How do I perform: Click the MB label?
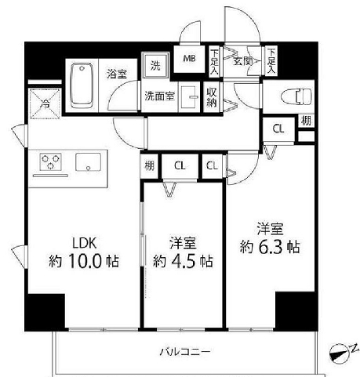tap(190, 59)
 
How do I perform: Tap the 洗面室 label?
tap(158, 97)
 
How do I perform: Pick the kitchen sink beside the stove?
tap(88, 162)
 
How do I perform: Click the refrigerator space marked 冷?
tap(44, 102)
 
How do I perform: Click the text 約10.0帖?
tap(88, 261)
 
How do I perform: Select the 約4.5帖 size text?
tap(183, 261)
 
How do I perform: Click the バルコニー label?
tap(185, 352)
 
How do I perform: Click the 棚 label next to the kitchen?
tap(149, 165)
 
